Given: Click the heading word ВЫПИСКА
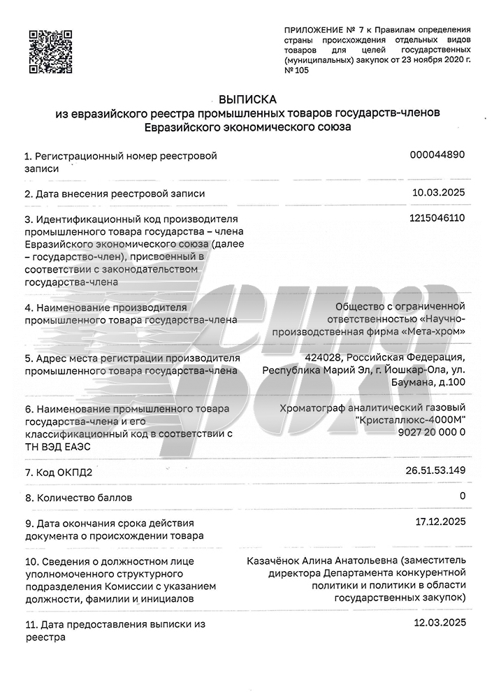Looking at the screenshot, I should pos(247,99).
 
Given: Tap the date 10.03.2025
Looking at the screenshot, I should pos(439,192).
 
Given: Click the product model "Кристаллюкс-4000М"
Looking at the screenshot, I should pos(410,419).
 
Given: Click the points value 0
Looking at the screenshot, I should pos(462,496).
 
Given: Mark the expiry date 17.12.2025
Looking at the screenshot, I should pos(439,521).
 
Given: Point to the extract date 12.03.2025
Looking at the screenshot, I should pos(439,622).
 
